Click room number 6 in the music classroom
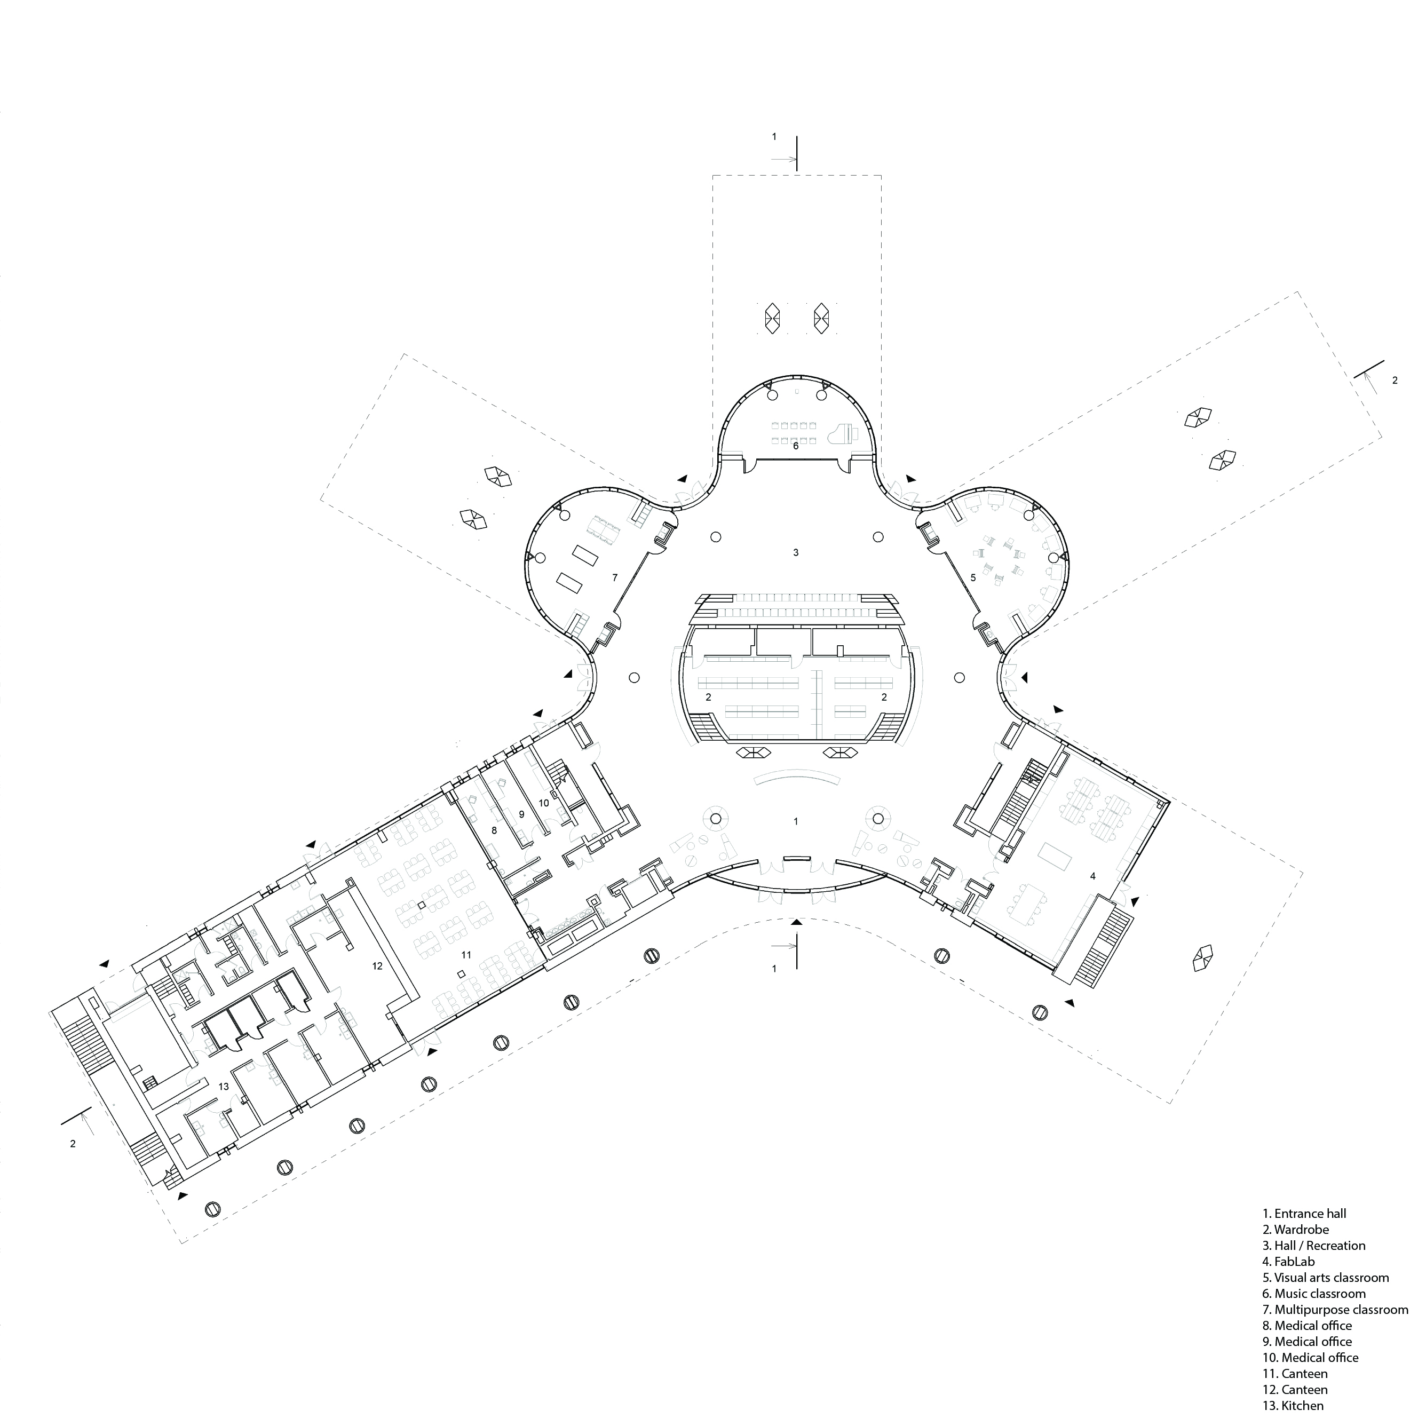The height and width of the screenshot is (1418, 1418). [x=796, y=446]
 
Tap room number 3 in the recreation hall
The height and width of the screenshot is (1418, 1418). [x=796, y=552]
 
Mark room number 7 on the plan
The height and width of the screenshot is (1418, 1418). [x=615, y=577]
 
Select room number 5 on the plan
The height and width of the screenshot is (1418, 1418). [x=973, y=577]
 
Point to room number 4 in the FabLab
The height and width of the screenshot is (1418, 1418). [x=1093, y=876]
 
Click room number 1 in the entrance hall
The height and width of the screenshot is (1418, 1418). [x=796, y=821]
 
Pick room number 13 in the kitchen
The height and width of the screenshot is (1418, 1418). [x=224, y=1086]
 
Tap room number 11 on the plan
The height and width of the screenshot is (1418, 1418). [x=465, y=954]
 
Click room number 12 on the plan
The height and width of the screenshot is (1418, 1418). [x=377, y=966]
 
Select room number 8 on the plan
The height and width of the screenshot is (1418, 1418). [x=494, y=830]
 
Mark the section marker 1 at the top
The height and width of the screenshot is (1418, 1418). [x=774, y=137]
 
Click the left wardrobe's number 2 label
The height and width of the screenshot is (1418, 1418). [x=708, y=697]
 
